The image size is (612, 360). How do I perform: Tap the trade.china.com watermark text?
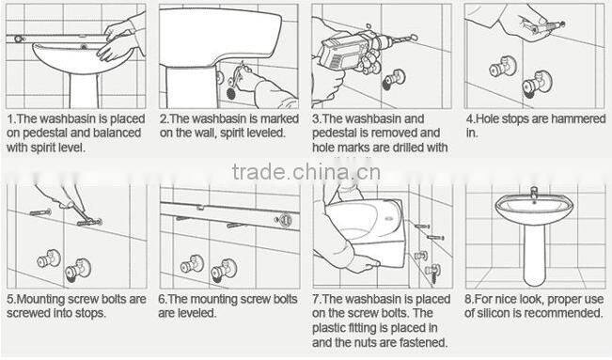306,172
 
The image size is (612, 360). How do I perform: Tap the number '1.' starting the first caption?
11,119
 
